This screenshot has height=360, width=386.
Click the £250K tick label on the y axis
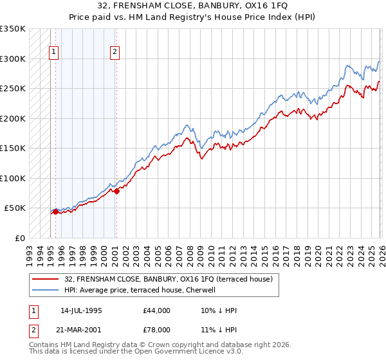[13, 89]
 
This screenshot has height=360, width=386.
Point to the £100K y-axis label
[13, 178]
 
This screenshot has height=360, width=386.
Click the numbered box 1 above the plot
[53, 53]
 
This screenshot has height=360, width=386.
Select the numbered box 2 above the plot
[115, 53]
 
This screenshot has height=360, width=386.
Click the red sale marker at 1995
[55, 212]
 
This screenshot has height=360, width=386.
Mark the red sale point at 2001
[116, 191]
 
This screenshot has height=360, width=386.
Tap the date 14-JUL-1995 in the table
[81, 310]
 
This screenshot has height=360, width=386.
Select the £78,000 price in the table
[157, 328]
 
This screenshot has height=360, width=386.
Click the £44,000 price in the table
[157, 310]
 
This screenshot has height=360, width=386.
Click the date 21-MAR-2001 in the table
[81, 328]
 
